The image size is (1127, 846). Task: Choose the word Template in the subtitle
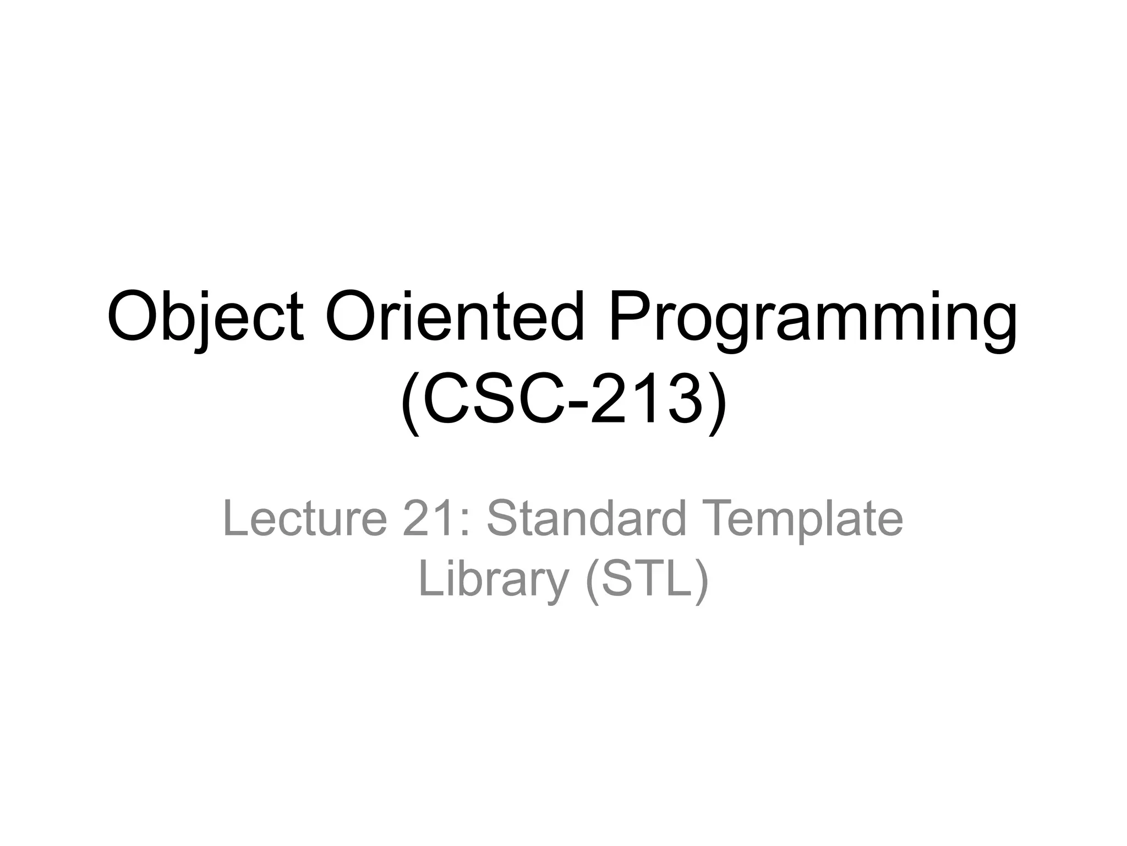click(803, 520)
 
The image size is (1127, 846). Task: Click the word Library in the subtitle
click(493, 581)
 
